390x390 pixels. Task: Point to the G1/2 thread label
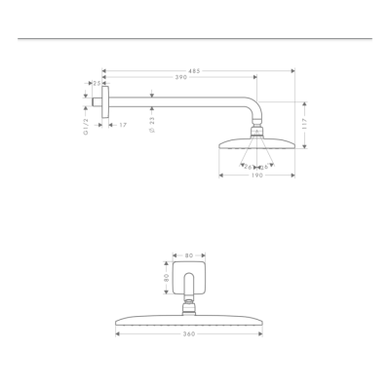(86, 123)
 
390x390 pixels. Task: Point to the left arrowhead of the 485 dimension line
(103, 71)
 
